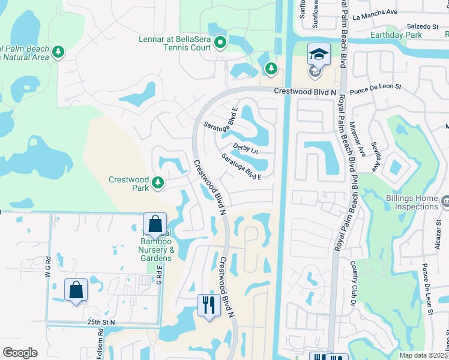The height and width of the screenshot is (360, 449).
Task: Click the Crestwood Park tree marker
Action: [158, 182]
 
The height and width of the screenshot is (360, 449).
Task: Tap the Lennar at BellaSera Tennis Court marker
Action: [220, 42]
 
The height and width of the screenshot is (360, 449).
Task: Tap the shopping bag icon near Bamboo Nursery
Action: [155, 224]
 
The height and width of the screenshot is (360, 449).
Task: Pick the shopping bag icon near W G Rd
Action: [76, 290]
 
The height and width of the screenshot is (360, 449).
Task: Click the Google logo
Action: [20, 352]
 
